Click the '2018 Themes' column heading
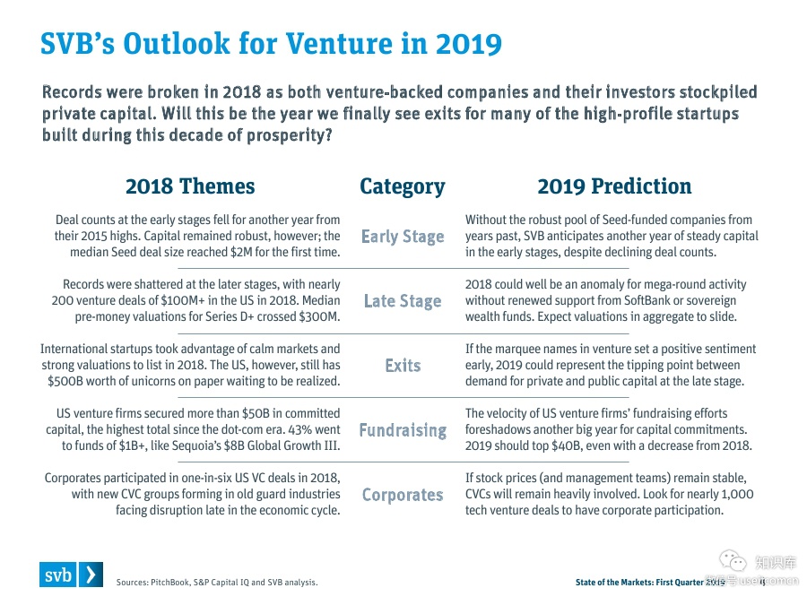point(190,186)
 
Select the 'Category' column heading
point(402,186)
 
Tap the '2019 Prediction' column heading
point(614,186)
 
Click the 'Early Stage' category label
point(403,237)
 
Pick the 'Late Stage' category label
point(403,301)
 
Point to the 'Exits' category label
point(403,366)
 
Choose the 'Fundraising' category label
point(403,430)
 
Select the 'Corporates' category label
point(403,495)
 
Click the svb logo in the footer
point(71,575)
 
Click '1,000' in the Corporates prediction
point(734,494)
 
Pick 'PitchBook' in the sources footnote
point(173,583)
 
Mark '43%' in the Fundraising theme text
point(299,429)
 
